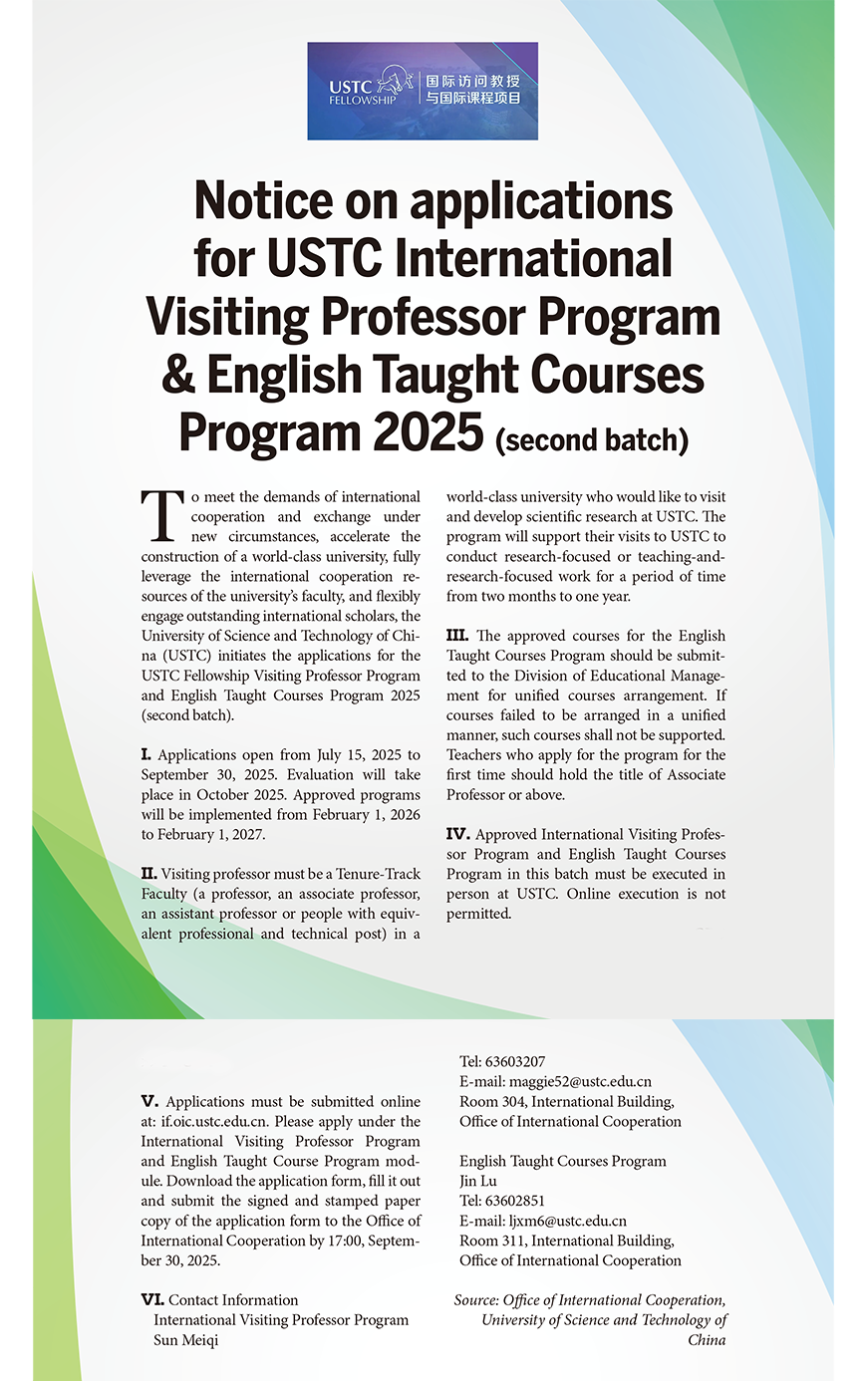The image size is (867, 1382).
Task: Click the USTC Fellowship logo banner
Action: [x=423, y=91]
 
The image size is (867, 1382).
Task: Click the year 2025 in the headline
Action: [x=429, y=432]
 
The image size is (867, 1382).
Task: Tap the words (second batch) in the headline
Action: [x=591, y=439]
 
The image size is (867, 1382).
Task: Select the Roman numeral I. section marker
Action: [x=146, y=755]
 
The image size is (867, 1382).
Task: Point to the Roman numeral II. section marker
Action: [x=149, y=874]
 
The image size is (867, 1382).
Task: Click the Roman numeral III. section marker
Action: [x=457, y=636]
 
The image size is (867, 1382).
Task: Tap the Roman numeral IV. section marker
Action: [x=457, y=834]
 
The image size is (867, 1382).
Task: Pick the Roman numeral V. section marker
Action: [x=150, y=1102]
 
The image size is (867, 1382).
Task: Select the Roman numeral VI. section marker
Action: [x=152, y=1300]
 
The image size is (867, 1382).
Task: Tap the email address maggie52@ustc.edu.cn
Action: [x=580, y=1082]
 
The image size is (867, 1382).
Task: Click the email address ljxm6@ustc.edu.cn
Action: [x=568, y=1221]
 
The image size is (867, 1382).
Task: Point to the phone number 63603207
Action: [x=516, y=1062]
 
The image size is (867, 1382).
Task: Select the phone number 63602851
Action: [x=516, y=1201]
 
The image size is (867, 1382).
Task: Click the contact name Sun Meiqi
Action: [x=185, y=1340]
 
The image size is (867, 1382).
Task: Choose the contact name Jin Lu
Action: [x=478, y=1181]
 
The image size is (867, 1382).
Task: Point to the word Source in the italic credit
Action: [x=476, y=1300]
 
